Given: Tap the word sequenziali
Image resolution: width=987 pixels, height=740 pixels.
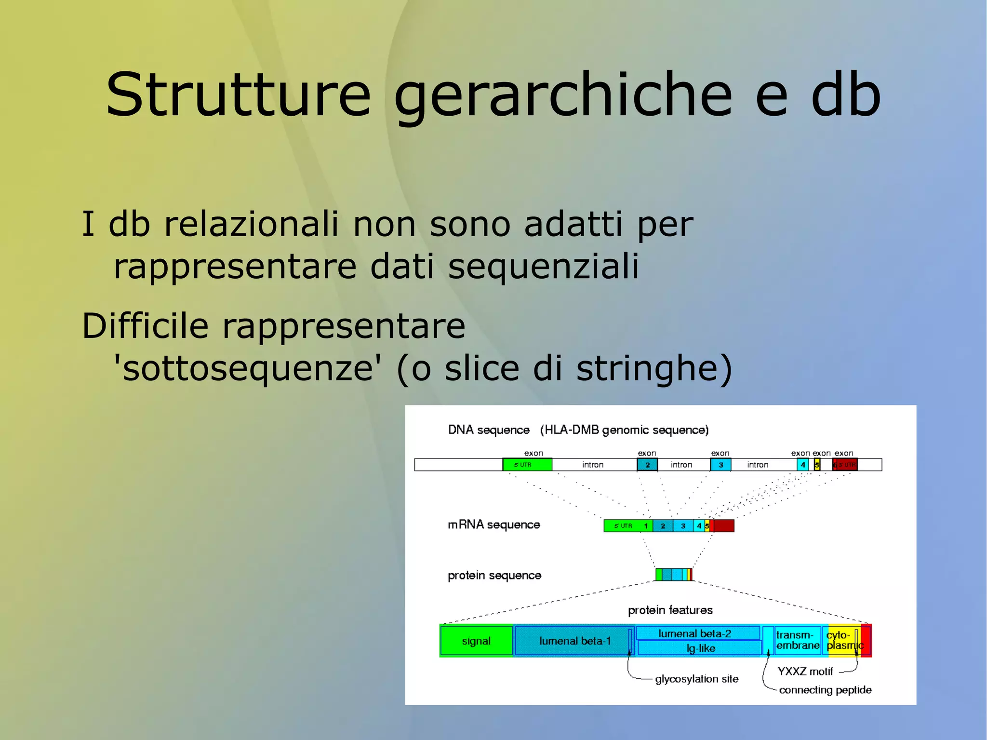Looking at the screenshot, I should click(543, 266).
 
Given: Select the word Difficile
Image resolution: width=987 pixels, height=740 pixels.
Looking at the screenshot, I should click(145, 326).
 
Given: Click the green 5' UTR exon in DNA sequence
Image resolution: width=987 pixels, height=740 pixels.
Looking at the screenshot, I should click(527, 465).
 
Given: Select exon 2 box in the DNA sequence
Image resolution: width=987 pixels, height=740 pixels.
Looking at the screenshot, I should click(647, 465).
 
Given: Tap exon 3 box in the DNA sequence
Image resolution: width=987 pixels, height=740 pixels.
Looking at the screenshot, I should click(720, 465).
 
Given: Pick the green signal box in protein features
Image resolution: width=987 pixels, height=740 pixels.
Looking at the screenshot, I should click(476, 641).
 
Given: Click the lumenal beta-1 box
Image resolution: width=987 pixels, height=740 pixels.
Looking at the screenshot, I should click(572, 641).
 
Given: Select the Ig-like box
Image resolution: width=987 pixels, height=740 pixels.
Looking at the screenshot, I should click(700, 648).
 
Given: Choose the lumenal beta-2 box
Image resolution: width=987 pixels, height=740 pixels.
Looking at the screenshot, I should click(695, 633).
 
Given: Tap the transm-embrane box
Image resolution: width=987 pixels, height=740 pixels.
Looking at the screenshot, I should click(798, 641).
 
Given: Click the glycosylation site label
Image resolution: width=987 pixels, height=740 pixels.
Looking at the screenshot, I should click(696, 679).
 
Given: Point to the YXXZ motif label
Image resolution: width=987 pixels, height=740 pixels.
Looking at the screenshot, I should click(805, 671).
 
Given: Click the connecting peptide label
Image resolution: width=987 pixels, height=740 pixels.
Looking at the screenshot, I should click(825, 690).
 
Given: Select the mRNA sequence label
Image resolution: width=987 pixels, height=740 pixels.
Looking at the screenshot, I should click(493, 525).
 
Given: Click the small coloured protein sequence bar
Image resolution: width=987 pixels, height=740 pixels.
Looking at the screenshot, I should click(674, 575).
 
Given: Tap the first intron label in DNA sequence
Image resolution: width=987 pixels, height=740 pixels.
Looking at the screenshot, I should click(593, 465).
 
